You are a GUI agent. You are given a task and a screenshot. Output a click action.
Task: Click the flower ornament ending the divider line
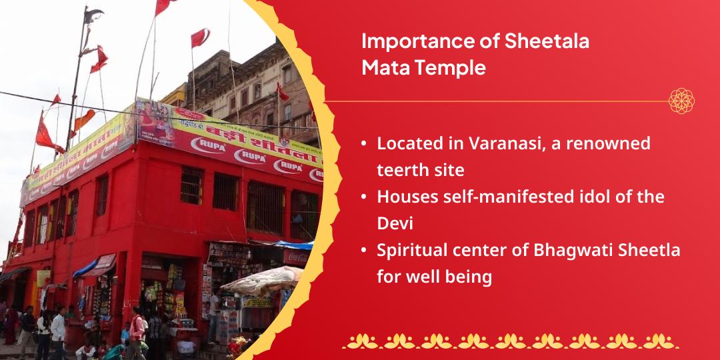pyautogui.click(x=681, y=101)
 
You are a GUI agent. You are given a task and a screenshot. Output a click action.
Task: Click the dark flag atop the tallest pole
pyautogui.click(x=93, y=14)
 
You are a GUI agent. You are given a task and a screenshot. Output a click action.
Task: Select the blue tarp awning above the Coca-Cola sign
pyautogui.click(x=293, y=244)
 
